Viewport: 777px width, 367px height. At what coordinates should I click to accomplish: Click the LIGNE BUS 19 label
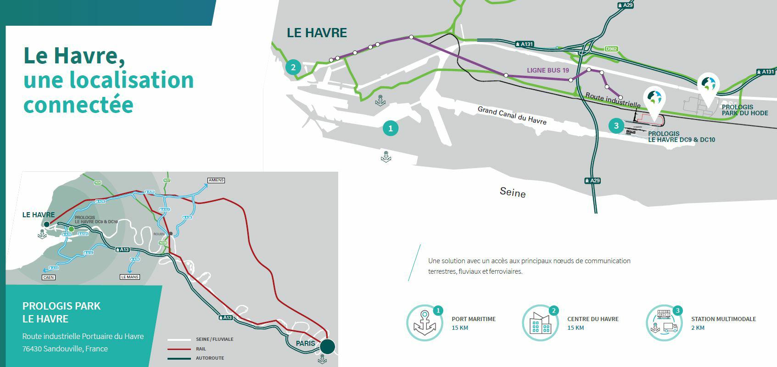click(548, 70)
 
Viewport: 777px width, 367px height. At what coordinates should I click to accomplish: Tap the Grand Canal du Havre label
click(512, 115)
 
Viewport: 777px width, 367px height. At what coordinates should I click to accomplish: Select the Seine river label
click(513, 192)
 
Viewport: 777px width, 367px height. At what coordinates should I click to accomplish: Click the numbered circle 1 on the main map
click(391, 128)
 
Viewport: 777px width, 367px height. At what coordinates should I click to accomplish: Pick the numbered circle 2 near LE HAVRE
click(293, 68)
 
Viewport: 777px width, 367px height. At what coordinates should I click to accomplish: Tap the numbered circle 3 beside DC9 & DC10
click(616, 125)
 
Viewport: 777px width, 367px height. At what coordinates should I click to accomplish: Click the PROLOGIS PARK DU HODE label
click(744, 110)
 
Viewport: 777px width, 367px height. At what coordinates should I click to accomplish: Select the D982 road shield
click(611, 49)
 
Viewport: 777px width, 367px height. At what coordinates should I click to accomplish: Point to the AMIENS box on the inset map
click(216, 180)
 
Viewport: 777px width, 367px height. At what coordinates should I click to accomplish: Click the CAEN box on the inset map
click(48, 277)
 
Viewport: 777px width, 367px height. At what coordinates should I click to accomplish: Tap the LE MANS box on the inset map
click(129, 277)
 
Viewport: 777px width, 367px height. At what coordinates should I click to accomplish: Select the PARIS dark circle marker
click(327, 346)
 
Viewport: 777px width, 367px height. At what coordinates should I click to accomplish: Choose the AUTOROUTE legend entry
click(210, 358)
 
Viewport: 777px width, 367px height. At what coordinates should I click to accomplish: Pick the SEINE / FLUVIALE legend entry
click(214, 339)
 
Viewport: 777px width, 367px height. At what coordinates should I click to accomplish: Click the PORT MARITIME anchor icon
click(425, 323)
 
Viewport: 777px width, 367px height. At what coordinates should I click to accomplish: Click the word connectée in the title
click(78, 104)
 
